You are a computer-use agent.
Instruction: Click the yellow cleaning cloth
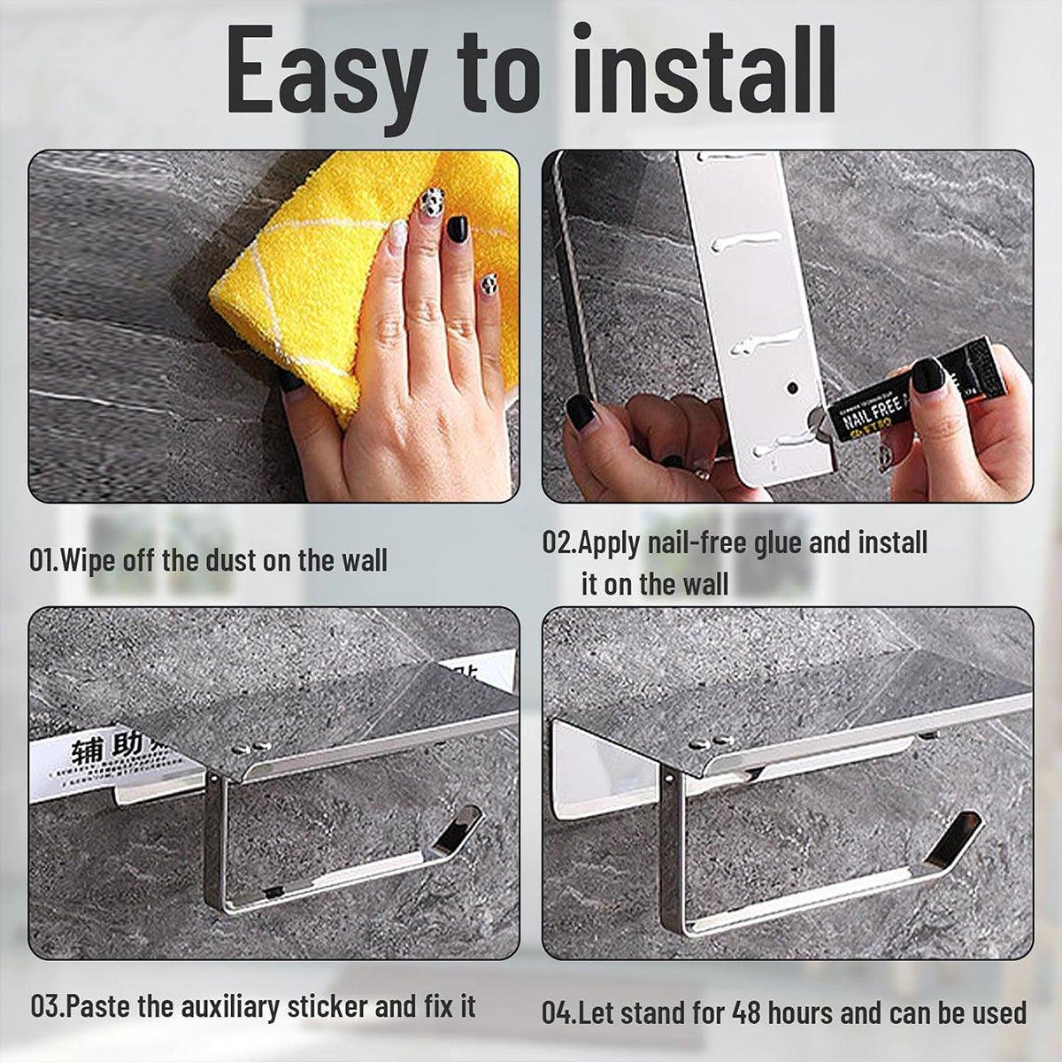(x=292, y=265)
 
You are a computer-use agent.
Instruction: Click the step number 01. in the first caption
(x=44, y=560)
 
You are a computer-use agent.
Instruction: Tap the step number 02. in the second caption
(x=559, y=542)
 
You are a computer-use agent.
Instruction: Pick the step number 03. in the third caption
(x=48, y=1006)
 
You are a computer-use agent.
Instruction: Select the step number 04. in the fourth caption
(x=560, y=1012)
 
